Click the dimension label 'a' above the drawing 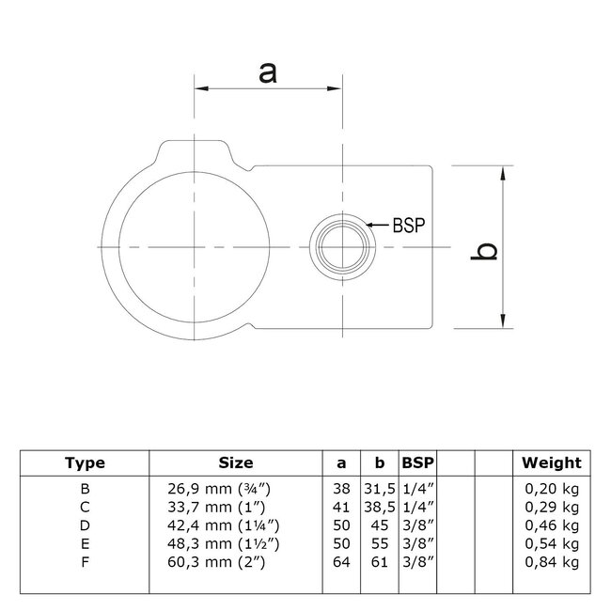point(268,71)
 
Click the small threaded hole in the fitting point(342,247)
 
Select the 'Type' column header point(85,462)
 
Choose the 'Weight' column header point(552,462)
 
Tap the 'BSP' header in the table point(417,462)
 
